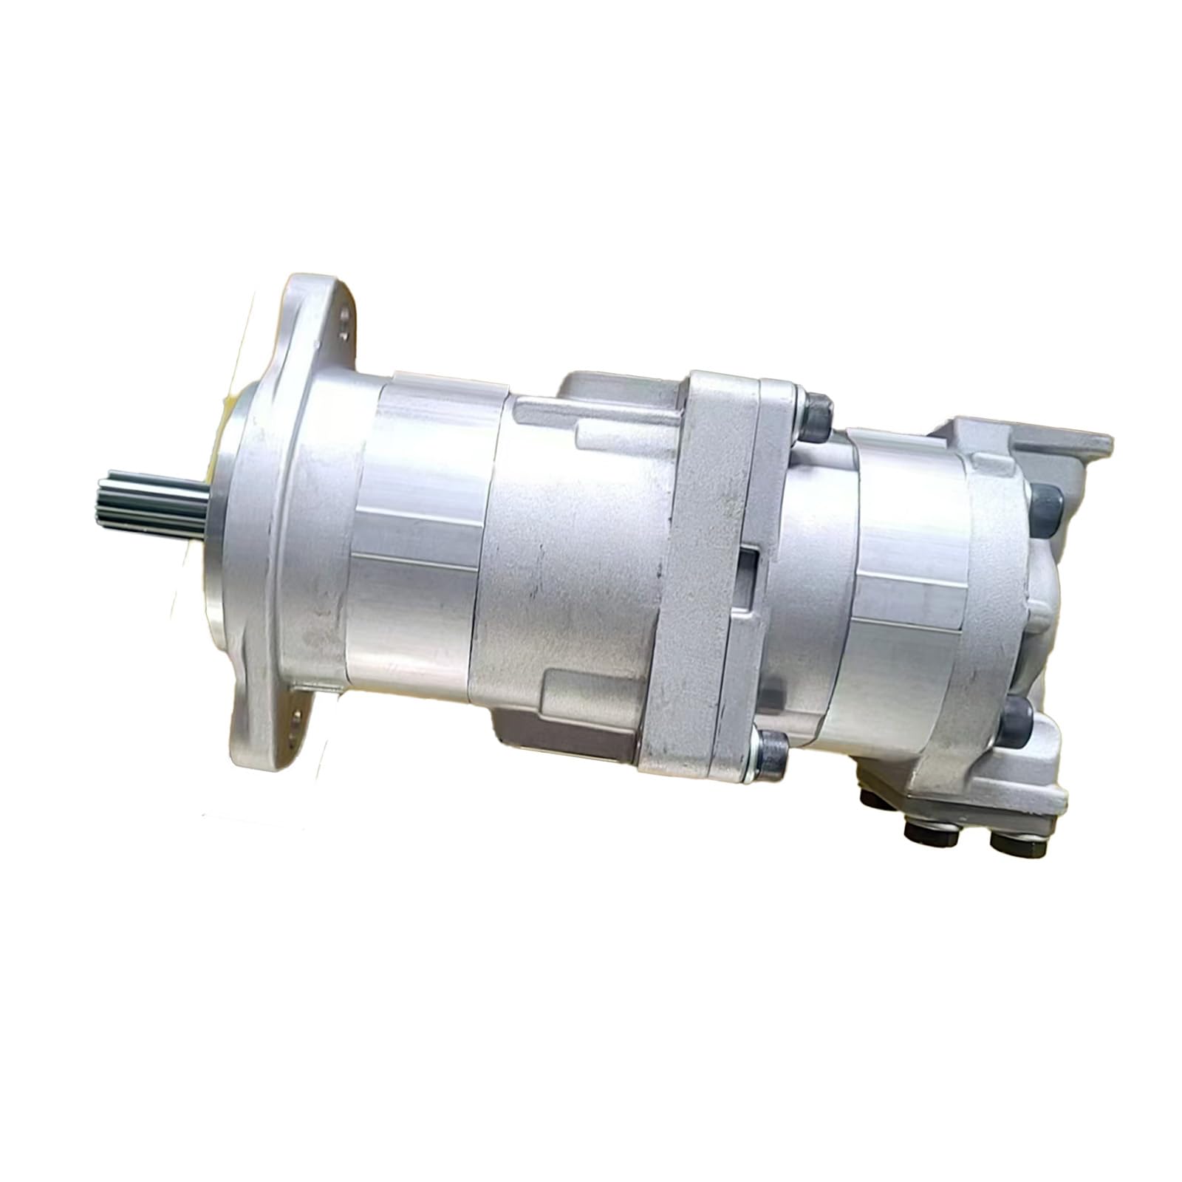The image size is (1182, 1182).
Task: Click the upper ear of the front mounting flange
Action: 325,318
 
